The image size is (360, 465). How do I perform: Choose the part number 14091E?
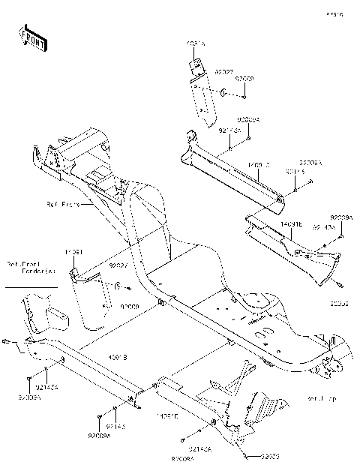292,223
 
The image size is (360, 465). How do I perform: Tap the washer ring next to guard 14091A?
223,94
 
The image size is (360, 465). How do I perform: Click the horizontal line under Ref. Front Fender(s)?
31,286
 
